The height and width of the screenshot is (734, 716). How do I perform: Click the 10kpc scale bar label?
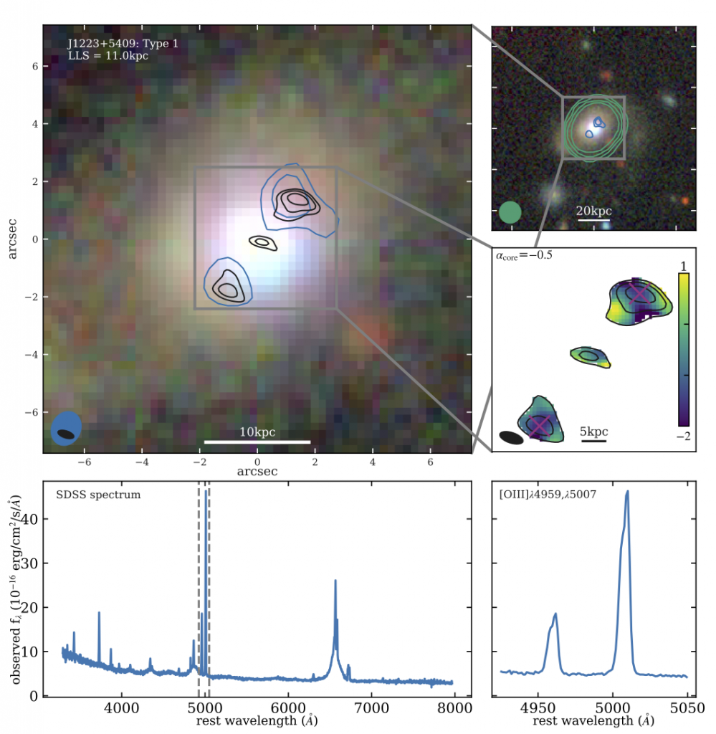click(257, 432)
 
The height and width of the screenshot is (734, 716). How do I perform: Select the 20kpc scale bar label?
click(594, 211)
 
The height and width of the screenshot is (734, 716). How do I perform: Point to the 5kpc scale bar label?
click(594, 432)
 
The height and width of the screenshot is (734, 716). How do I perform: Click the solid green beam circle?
click(510, 212)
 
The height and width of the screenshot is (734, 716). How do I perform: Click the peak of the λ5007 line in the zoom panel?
click(627, 492)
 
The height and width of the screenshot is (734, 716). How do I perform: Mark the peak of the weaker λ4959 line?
click(555, 614)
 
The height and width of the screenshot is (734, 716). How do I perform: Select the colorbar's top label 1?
click(683, 264)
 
